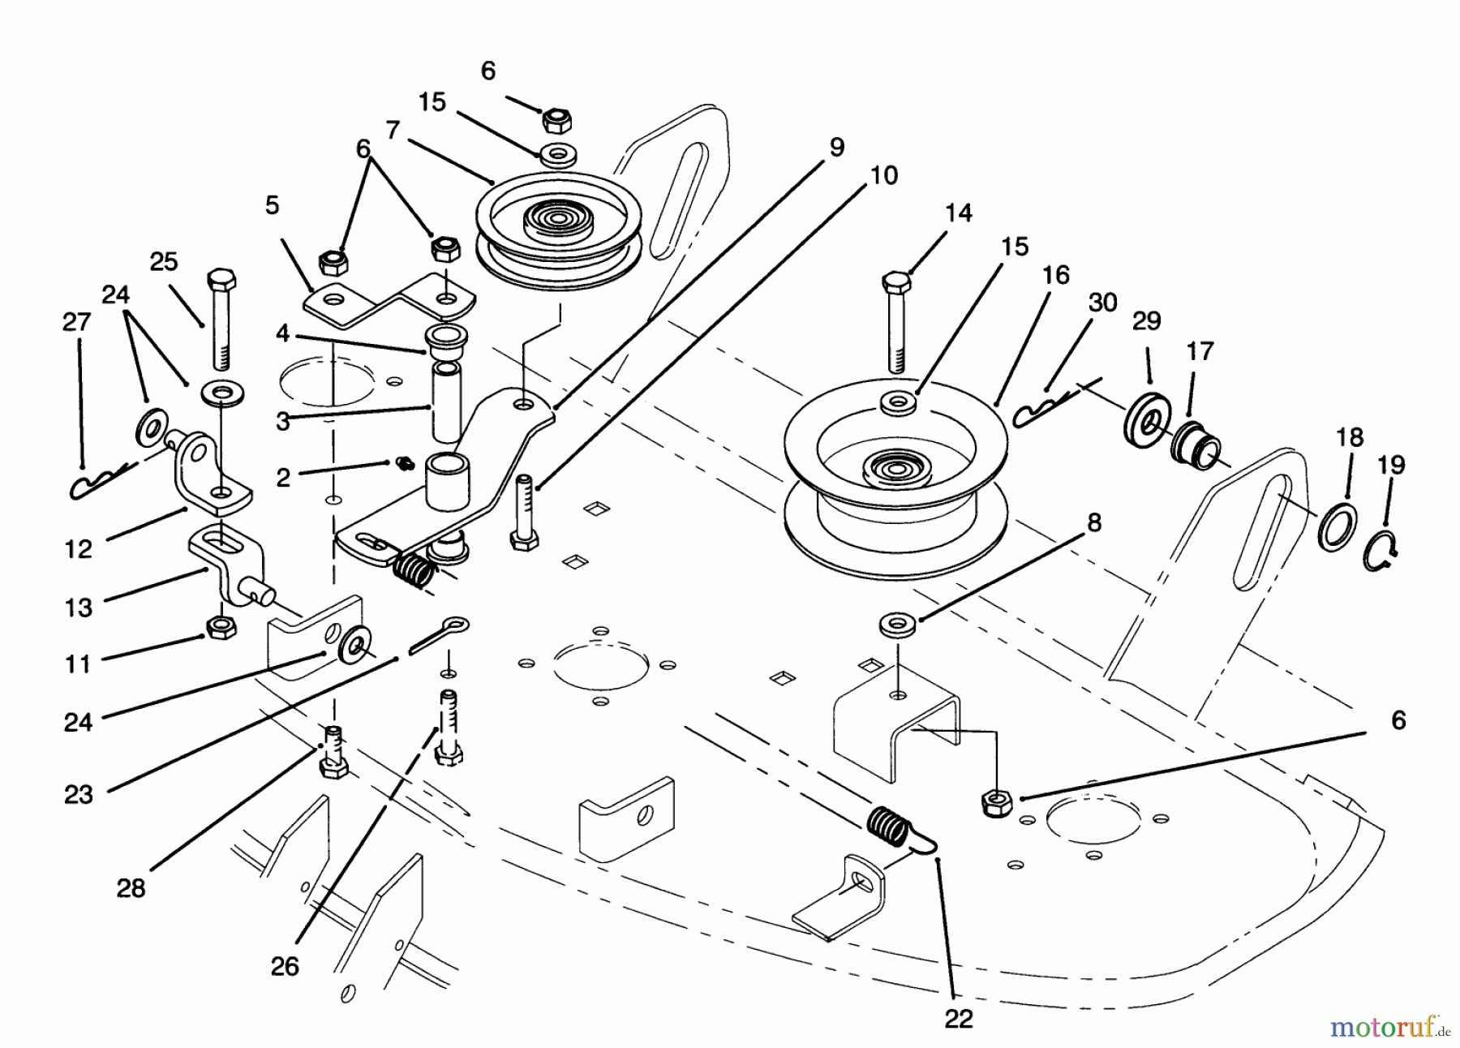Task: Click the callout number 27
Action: tap(76, 323)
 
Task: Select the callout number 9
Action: tap(836, 148)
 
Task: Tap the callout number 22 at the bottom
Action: tap(958, 1019)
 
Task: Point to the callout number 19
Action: tap(1390, 465)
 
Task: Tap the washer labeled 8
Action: tap(896, 624)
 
